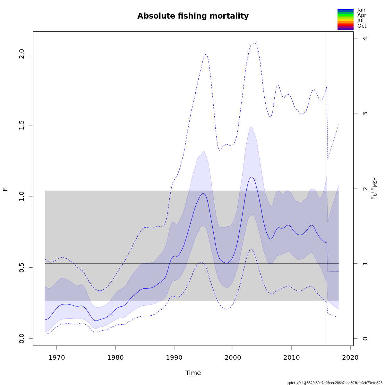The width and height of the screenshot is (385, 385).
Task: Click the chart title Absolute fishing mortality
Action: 193,16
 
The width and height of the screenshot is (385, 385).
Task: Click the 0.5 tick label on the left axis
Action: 22,267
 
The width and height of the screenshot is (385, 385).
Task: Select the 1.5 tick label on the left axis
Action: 22,125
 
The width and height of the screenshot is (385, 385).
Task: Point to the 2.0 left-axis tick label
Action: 22,54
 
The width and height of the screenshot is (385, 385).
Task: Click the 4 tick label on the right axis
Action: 365,38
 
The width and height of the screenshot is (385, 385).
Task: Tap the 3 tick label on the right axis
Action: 365,114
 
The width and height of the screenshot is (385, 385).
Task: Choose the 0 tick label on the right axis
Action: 365,338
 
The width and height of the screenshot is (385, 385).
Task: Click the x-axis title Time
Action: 193,373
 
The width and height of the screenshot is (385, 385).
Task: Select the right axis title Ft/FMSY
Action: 374,189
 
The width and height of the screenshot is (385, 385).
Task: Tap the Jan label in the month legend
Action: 361,10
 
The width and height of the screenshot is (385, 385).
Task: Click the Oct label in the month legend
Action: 362,26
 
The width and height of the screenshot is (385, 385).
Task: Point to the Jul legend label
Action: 360,21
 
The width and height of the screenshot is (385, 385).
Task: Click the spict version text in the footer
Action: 335,383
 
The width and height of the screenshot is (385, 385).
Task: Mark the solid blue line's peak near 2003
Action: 252,177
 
